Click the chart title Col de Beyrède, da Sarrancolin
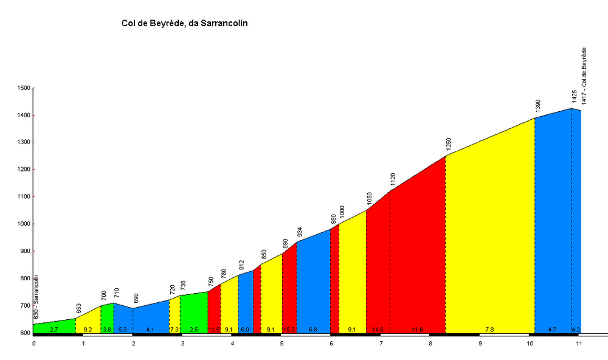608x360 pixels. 185,24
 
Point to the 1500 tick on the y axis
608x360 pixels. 24,88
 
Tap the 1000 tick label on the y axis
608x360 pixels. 24,224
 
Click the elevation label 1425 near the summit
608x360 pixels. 574,97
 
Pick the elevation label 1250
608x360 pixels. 449,144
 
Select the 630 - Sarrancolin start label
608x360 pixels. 36,297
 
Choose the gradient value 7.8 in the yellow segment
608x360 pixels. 489,330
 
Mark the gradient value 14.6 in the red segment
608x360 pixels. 378,330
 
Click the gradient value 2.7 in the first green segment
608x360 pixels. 54,330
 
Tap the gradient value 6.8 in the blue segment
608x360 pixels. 313,330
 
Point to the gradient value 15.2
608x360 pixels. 289,330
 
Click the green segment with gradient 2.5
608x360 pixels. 193,313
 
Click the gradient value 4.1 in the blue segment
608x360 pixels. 150,330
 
